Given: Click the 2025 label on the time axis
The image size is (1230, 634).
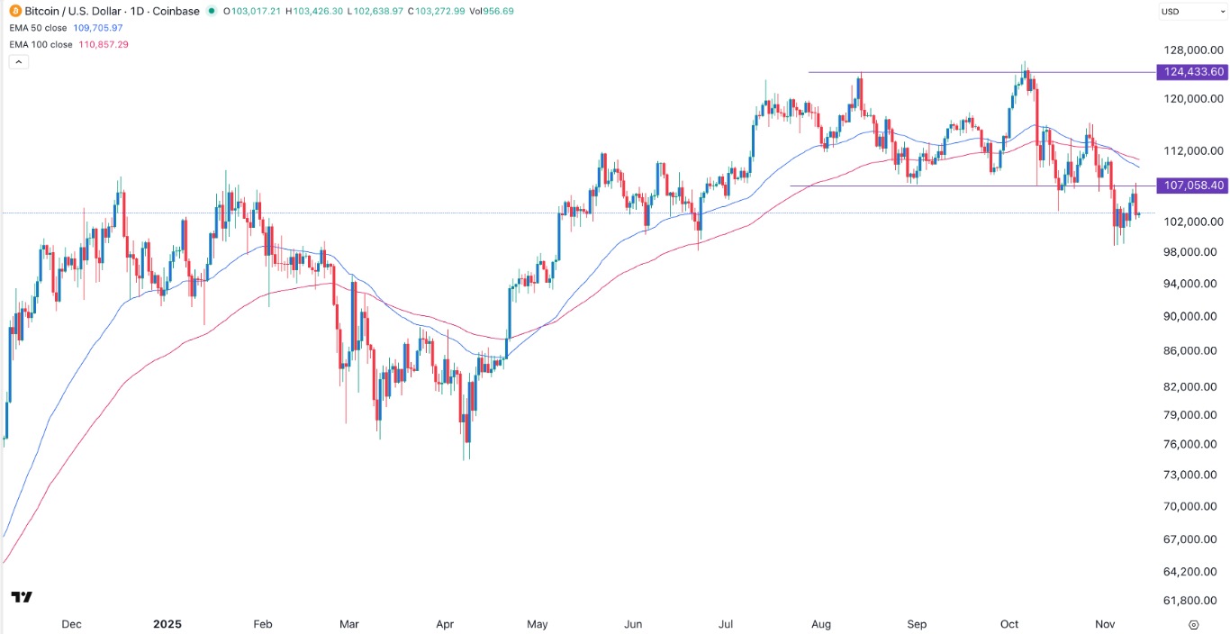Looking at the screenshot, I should [x=167, y=624].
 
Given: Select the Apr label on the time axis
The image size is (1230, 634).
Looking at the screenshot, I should [x=445, y=624].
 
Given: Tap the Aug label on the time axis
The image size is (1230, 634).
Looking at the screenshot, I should [x=819, y=624].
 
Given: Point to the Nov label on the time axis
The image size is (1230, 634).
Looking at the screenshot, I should [x=1104, y=624].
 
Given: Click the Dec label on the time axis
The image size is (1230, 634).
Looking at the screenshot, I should [x=71, y=624].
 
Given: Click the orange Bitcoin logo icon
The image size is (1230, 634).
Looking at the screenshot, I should [x=15, y=12].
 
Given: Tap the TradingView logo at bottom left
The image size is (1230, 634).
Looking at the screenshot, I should [x=22, y=597].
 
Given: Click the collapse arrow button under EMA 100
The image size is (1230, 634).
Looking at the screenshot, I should [x=18, y=61].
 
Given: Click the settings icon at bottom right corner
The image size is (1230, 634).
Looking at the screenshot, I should [x=1193, y=624].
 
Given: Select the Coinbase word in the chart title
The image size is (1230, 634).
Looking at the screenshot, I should [x=176, y=12].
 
